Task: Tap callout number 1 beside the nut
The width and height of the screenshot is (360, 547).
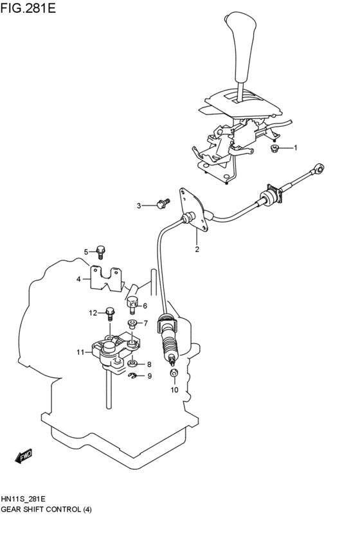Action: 296,148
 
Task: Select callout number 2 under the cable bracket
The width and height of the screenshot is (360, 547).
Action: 197,249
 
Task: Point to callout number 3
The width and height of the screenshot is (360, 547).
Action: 138,206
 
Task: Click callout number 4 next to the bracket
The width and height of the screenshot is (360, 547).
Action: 78,280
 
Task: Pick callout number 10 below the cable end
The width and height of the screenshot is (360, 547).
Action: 174,389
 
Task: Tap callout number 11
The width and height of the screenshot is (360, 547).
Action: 80,352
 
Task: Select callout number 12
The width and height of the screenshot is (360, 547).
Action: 93,313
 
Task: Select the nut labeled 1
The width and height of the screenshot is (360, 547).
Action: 274,148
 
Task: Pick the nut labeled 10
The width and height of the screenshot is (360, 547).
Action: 174,373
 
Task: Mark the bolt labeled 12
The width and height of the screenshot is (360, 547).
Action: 110,314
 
